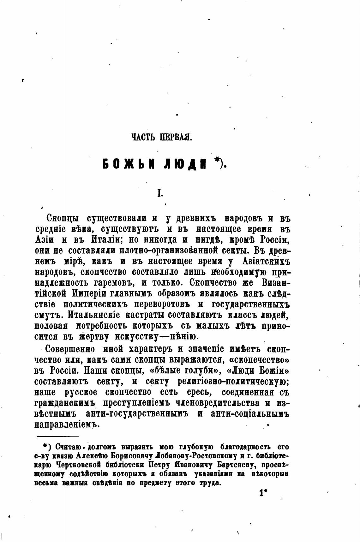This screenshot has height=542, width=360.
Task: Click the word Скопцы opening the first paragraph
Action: coord(63,218)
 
